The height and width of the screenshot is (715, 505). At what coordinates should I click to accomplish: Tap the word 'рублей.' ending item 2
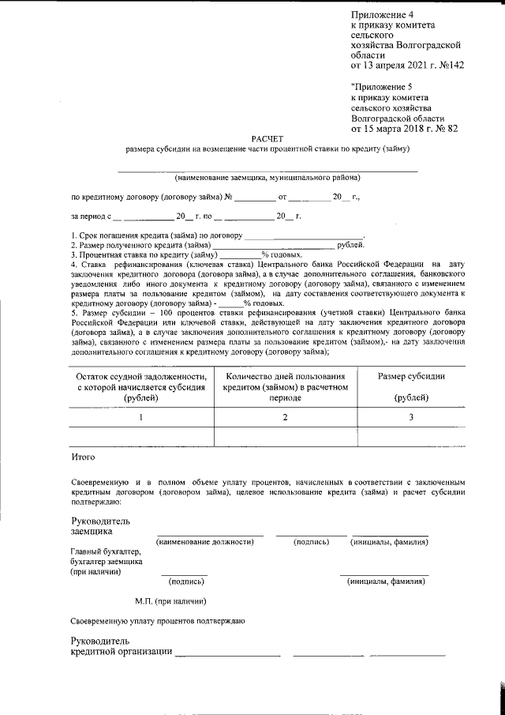[350, 245]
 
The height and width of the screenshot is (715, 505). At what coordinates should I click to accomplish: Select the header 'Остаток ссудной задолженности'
[142, 377]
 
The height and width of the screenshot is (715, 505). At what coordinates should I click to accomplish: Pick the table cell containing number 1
[141, 417]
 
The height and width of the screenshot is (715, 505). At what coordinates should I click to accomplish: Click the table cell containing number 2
[285, 417]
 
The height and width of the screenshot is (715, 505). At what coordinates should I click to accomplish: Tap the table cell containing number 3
[410, 417]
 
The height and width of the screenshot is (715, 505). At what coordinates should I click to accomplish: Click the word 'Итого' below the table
[83, 457]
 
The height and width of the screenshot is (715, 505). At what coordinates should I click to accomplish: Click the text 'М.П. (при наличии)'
[165, 601]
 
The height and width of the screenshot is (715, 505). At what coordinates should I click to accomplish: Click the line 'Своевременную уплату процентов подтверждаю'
[157, 621]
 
